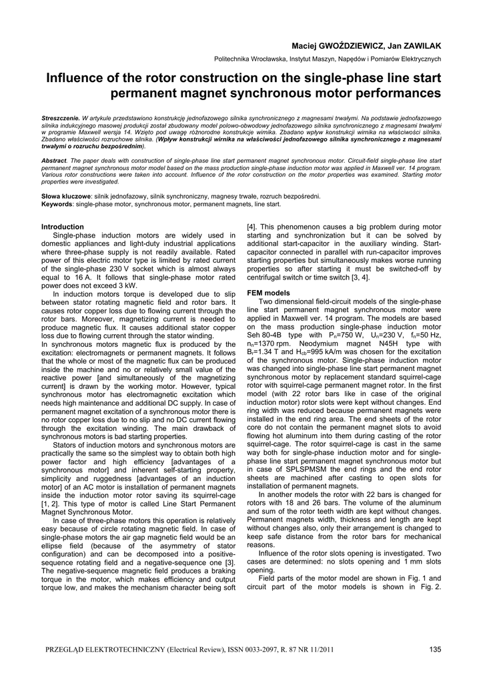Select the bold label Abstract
click(54, 161)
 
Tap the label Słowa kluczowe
click(66, 197)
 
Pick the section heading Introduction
click(63, 227)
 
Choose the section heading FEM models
click(269, 292)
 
